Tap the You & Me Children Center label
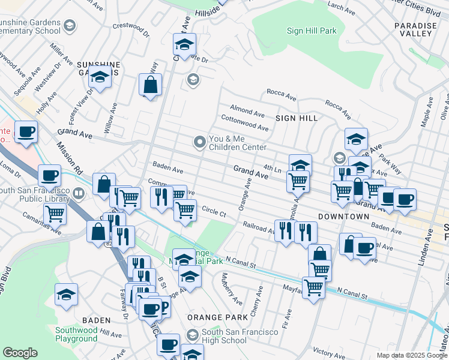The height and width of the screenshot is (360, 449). pos(237,143)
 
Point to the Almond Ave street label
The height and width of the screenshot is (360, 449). pos(247,112)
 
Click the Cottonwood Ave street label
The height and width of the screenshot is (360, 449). pos(244,123)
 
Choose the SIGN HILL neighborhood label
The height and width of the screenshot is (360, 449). pos(297,118)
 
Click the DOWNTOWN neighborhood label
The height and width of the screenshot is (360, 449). pos(343,216)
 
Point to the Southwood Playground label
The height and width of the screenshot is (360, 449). pos(76,334)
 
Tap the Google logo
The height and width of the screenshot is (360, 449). pos(20,352)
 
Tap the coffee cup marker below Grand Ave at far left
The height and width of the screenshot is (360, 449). pos(26,132)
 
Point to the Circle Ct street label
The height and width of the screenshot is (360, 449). pos(214,212)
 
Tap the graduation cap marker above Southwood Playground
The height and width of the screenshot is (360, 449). pos(66,295)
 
